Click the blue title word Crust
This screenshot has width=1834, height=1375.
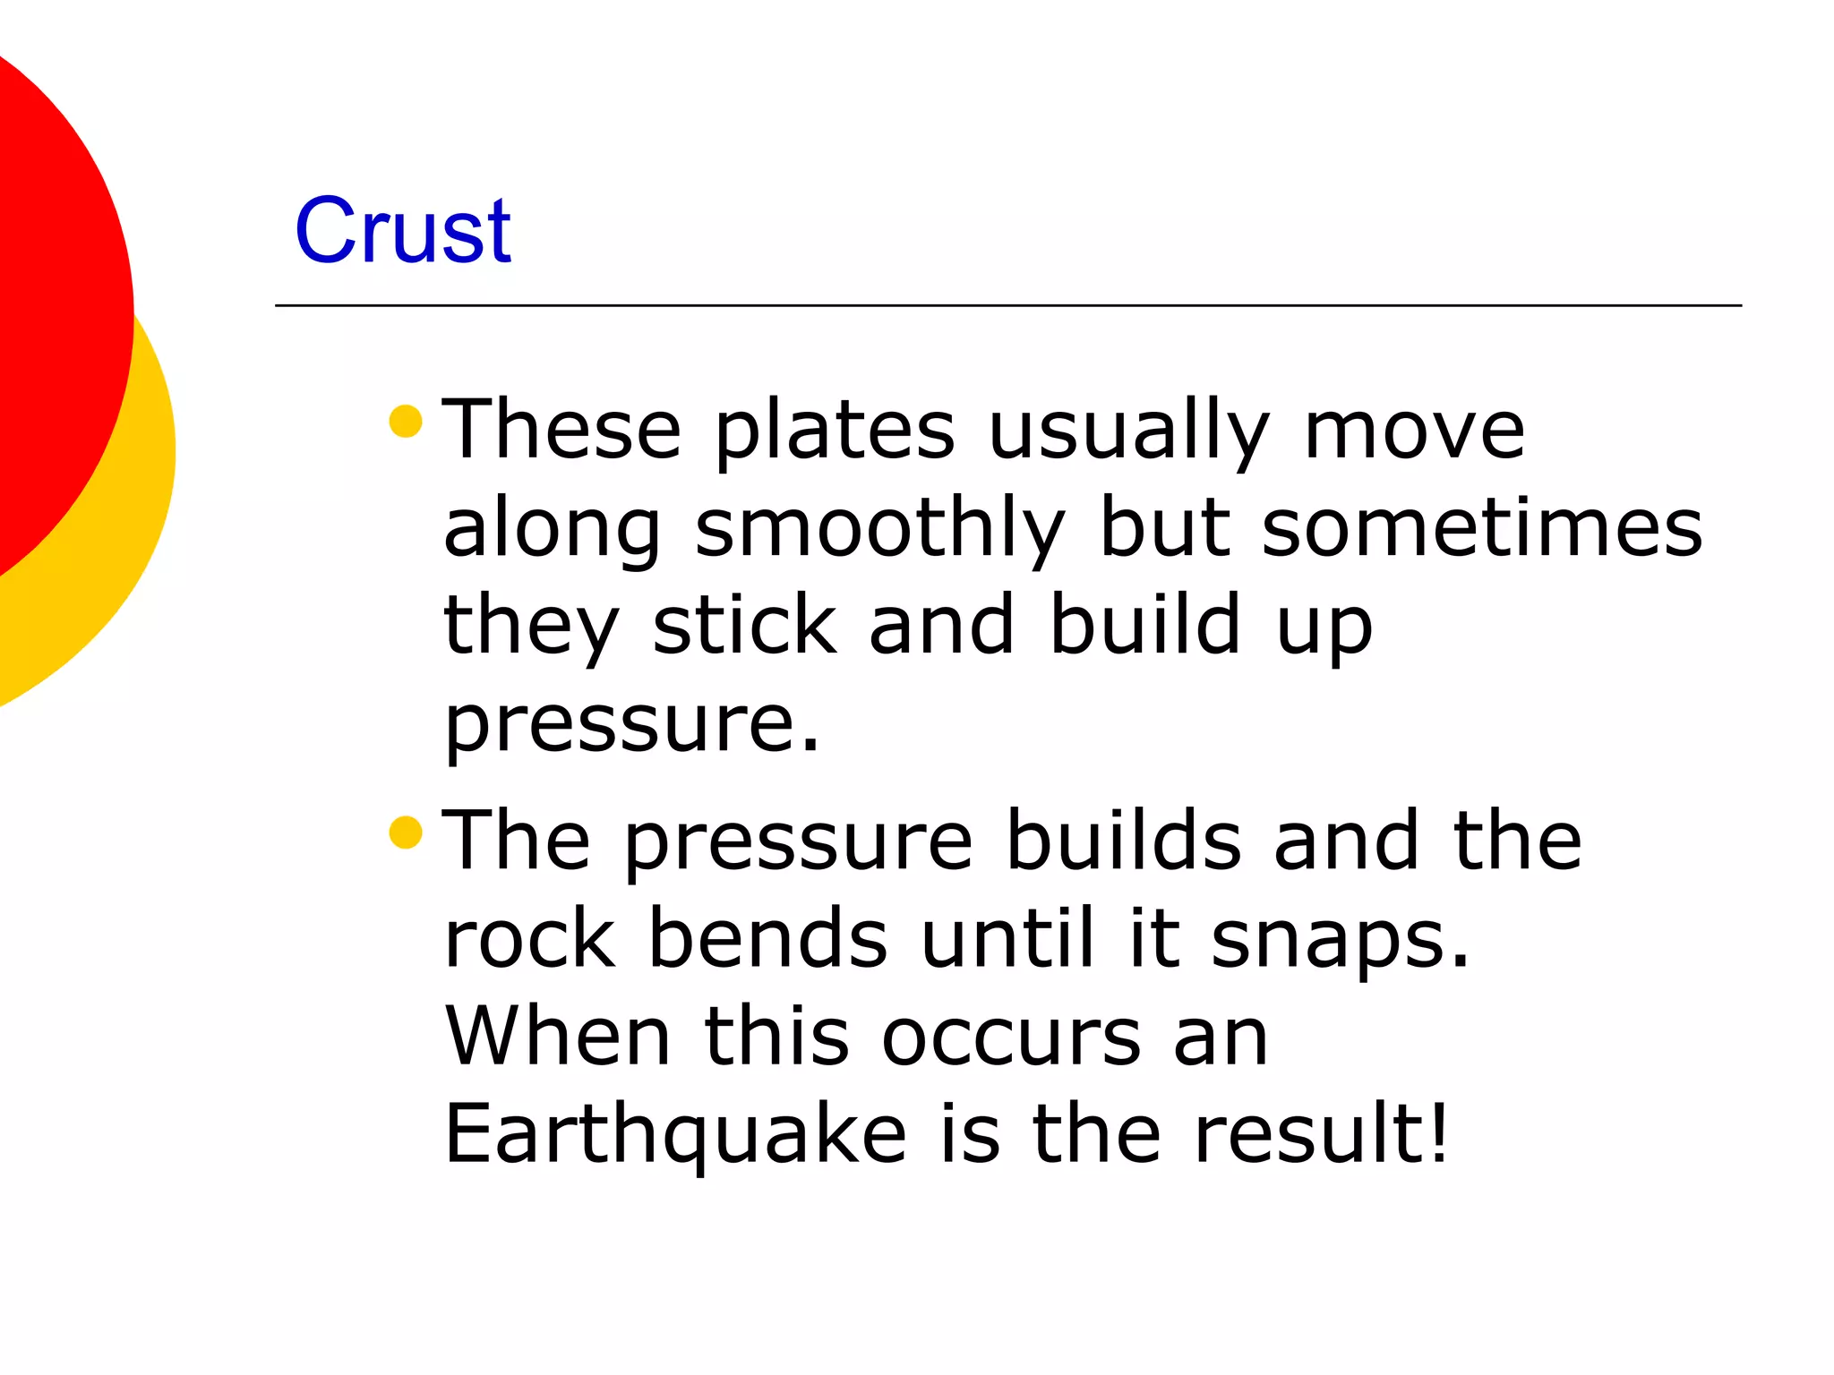402,231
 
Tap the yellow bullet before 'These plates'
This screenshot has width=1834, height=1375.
406,422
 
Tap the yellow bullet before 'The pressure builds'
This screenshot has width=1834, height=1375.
406,833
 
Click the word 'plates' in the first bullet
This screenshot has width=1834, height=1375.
835,431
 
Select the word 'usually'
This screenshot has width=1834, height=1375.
1128,431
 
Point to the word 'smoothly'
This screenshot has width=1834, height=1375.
879,528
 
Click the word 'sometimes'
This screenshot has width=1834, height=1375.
1482,528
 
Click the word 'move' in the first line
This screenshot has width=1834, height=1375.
1414,431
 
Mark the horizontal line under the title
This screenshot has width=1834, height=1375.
1007,305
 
